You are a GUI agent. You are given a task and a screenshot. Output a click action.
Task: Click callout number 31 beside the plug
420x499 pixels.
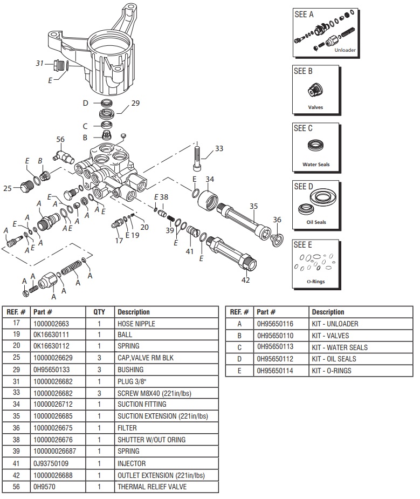pos(39,63)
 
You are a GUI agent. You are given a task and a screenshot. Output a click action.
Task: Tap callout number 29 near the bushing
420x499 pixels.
pos(135,103)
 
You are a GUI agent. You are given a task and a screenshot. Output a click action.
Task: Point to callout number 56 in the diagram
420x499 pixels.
pos(61,139)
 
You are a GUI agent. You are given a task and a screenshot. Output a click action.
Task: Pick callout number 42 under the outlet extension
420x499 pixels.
pos(245,279)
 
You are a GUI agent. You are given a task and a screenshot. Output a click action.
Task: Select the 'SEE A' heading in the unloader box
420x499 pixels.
pos(304,15)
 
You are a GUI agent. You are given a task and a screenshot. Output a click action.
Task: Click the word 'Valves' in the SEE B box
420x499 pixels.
pos(315,107)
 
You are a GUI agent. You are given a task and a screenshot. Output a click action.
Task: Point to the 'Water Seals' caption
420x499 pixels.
pos(316,165)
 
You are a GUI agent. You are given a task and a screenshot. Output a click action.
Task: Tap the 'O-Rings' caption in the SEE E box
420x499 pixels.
pos(316,282)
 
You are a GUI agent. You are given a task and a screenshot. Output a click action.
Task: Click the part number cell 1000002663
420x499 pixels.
pos(51,324)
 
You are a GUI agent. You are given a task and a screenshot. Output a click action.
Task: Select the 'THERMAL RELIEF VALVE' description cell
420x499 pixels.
pos(152,487)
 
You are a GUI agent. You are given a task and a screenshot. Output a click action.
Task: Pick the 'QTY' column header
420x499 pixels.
pos(99,312)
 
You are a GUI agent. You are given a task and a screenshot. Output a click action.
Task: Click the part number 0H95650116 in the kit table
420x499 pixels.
pos(276,324)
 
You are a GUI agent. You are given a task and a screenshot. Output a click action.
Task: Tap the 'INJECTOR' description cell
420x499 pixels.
pos(132,463)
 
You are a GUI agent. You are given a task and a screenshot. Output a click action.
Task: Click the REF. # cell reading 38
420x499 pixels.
pos(16,440)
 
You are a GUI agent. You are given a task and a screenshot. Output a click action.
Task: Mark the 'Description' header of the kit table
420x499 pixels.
pos(328,312)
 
